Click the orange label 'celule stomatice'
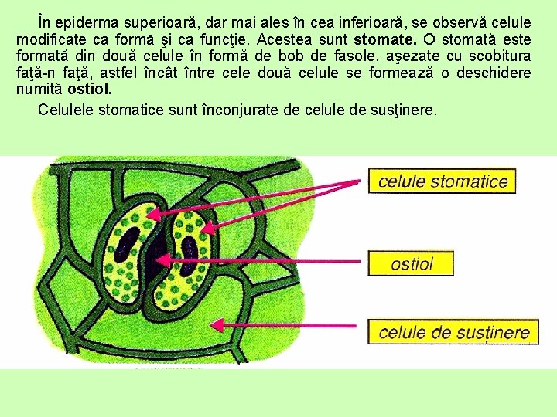click(443, 181)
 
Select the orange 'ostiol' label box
click(411, 263)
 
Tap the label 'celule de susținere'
click(453, 333)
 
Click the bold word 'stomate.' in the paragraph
click(384, 39)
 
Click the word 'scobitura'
click(498, 56)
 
